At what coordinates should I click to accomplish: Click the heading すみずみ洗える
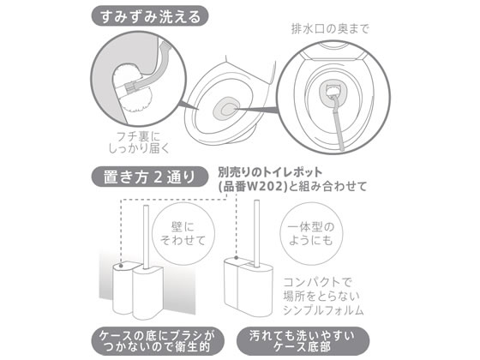pos(150,17)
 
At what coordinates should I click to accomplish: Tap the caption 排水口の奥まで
pos(330,29)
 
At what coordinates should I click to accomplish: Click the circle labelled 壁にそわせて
pos(183,234)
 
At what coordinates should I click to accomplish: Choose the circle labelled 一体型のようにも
pos(311,234)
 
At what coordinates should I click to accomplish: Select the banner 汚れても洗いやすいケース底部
pos(303,341)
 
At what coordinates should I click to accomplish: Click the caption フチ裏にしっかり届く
pos(139,142)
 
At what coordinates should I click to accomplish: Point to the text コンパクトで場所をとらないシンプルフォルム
pos(323,297)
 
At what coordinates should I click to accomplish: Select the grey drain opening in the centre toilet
pos(227,110)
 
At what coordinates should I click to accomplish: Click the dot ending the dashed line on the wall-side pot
pos(121,266)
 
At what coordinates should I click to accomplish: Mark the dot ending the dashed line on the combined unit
pos(236,258)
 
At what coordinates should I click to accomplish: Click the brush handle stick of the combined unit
pos(257,233)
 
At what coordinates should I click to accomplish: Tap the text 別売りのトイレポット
pos(270,172)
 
